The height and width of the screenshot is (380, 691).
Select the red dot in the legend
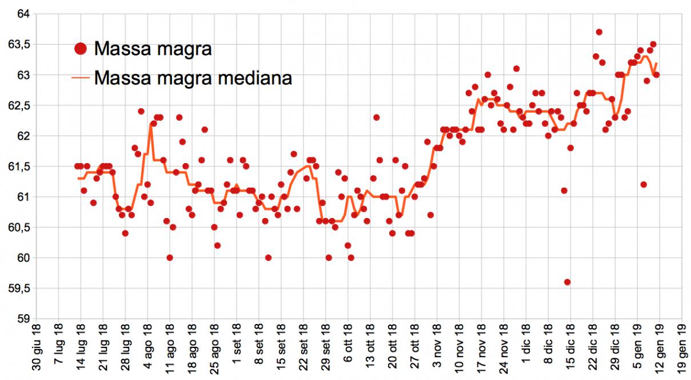pyautogui.click(x=81, y=49)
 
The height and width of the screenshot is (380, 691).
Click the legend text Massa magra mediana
pyautogui.click(x=193, y=77)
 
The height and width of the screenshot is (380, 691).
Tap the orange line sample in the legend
pyautogui.click(x=81, y=78)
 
